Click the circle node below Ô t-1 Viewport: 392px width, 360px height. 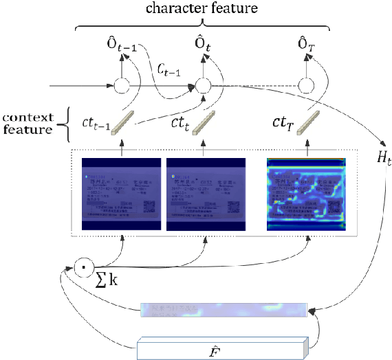click(x=122, y=86)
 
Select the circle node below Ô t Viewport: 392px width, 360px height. click(x=202, y=86)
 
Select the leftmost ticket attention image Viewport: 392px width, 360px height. click(x=122, y=194)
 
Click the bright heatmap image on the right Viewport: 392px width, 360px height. click(x=307, y=194)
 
